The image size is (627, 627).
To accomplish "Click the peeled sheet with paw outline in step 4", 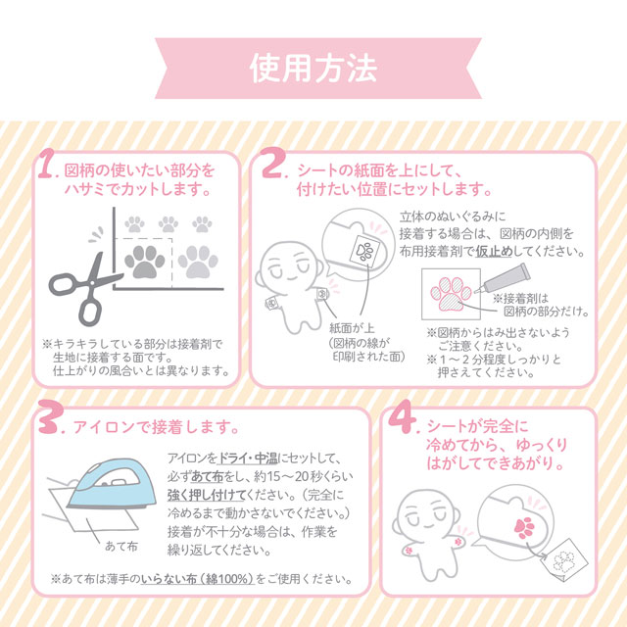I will [557, 559].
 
